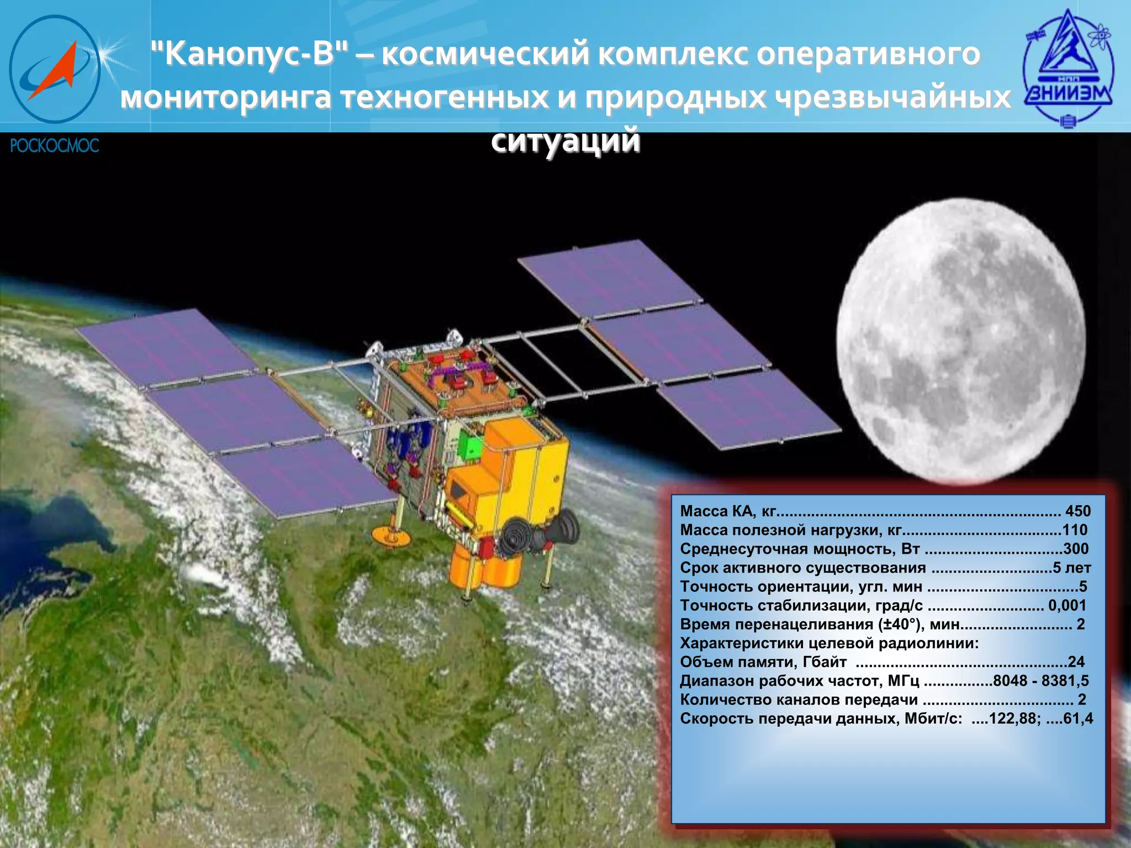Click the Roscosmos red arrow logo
(54, 70)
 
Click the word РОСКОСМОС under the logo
(55, 146)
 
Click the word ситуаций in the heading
(565, 140)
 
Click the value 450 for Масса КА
(1077, 511)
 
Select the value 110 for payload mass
(1075, 530)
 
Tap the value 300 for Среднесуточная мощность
(1076, 549)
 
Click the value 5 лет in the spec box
(1071, 568)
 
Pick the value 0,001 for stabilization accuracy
(1067, 605)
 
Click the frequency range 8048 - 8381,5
(1040, 681)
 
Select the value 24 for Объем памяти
(1076, 662)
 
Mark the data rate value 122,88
(1014, 718)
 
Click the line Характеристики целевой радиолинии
(828, 643)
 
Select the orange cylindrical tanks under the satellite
(486, 569)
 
